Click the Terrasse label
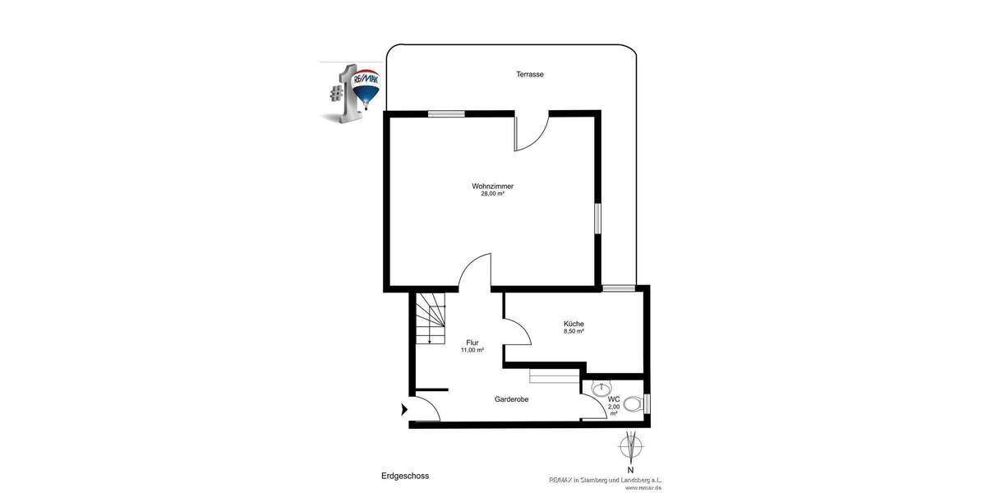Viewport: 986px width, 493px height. point(530,75)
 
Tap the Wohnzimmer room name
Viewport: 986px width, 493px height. point(492,187)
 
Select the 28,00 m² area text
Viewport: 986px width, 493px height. point(492,195)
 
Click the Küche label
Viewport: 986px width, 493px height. point(574,324)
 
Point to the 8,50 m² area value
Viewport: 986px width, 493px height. point(574,332)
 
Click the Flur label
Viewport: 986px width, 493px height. point(472,343)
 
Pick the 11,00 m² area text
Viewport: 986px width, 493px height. point(472,351)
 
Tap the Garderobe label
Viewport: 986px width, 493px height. point(511,399)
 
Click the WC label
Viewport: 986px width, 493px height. point(614,399)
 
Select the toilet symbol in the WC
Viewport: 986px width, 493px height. point(632,404)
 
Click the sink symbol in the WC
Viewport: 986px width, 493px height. point(602,385)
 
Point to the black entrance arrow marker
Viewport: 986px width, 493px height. point(403,408)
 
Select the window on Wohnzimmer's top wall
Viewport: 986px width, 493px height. point(446,114)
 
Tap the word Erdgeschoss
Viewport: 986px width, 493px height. point(405,476)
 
